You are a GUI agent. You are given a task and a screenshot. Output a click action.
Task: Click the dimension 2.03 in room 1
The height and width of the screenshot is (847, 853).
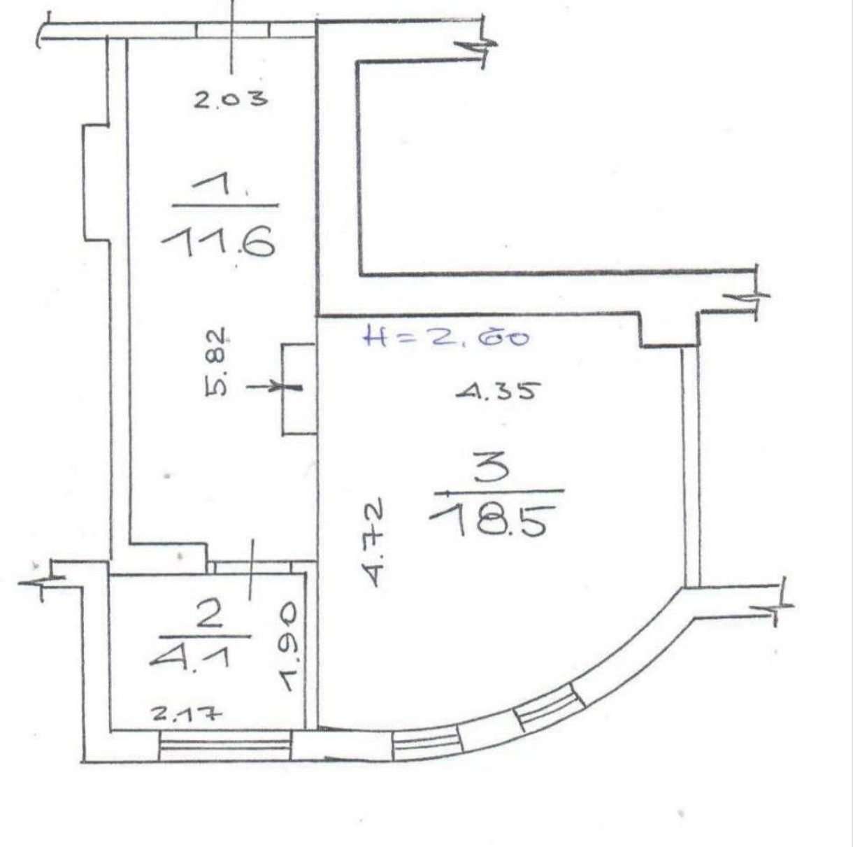tap(231, 99)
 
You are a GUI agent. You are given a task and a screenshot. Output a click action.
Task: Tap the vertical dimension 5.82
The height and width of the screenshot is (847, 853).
tap(216, 362)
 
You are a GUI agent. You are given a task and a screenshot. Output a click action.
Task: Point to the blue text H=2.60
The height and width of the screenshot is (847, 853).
tap(446, 337)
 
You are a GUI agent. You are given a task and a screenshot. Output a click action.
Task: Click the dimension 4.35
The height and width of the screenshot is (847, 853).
tap(499, 391)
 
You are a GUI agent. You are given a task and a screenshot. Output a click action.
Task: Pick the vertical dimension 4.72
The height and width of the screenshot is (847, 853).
tap(375, 542)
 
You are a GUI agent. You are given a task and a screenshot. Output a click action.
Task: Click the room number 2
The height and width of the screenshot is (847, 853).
tap(208, 615)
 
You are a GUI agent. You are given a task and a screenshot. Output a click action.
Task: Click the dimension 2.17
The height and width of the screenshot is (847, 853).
tap(186, 713)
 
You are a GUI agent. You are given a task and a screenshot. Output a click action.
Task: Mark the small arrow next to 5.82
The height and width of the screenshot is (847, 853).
tap(274, 387)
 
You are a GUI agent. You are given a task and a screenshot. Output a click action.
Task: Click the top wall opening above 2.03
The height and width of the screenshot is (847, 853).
tap(232, 30)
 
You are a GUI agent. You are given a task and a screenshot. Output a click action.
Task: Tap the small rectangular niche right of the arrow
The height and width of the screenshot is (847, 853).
tap(299, 389)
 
